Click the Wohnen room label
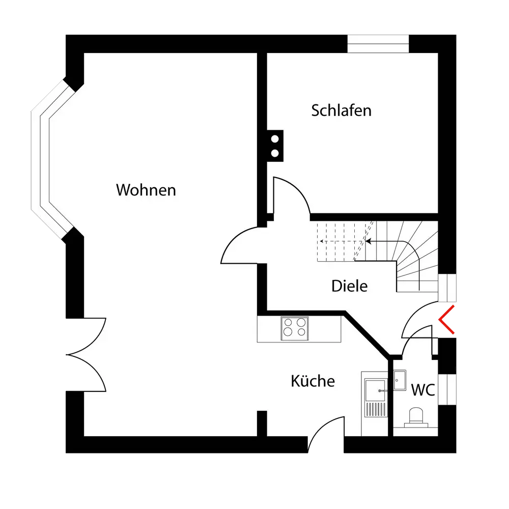146,190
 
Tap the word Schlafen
341,110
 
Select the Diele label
349,286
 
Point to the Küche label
313,381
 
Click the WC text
422,390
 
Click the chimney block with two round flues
275,145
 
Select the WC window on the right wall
448,389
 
